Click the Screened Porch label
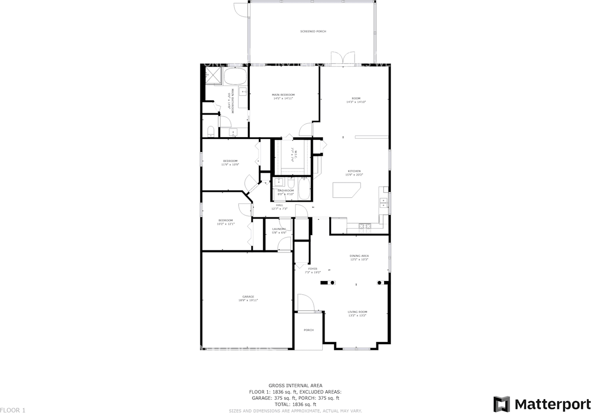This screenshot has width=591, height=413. tap(313, 31)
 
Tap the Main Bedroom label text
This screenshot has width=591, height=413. tap(283, 95)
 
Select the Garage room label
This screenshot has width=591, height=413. tap(248, 297)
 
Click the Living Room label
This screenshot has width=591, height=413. tap(357, 312)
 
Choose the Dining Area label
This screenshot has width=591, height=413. tap(359, 255)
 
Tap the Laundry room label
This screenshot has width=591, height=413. tap(279, 229)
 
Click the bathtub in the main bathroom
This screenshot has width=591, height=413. tap(236, 77)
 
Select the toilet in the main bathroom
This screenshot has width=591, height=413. tap(211, 132)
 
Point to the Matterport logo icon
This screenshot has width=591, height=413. tap(501, 404)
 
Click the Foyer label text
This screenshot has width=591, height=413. tap(313, 268)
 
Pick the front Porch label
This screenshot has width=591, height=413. tap(308, 330)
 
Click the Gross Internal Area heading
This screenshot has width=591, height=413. tap(295, 385)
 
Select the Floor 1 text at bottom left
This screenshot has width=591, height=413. tap(13, 410)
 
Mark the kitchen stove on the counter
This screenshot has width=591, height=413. tap(365, 226)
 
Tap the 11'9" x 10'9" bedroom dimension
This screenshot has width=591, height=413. tap(230, 164)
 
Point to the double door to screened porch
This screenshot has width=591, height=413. tap(337, 59)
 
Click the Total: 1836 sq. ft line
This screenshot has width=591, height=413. tap(295, 404)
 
